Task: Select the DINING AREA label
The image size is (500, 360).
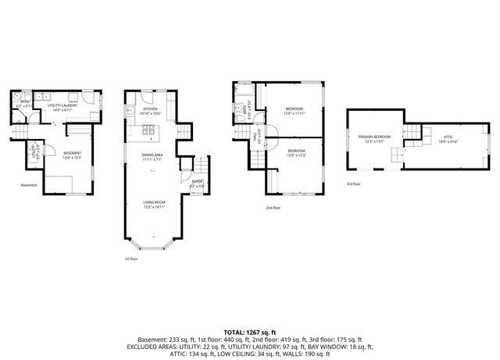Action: pos(152,155)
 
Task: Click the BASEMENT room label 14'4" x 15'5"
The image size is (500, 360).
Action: pos(73,155)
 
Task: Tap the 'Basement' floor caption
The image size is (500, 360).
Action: pos(29,185)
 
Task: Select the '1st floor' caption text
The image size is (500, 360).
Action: pos(131,258)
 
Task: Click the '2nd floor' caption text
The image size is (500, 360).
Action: pos(273,209)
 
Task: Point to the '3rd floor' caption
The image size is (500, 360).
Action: pos(355,184)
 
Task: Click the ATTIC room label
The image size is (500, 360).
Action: pos(448,138)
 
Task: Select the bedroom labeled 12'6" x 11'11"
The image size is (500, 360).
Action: pos(294,110)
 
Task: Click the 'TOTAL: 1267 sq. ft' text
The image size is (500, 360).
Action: pos(250,332)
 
